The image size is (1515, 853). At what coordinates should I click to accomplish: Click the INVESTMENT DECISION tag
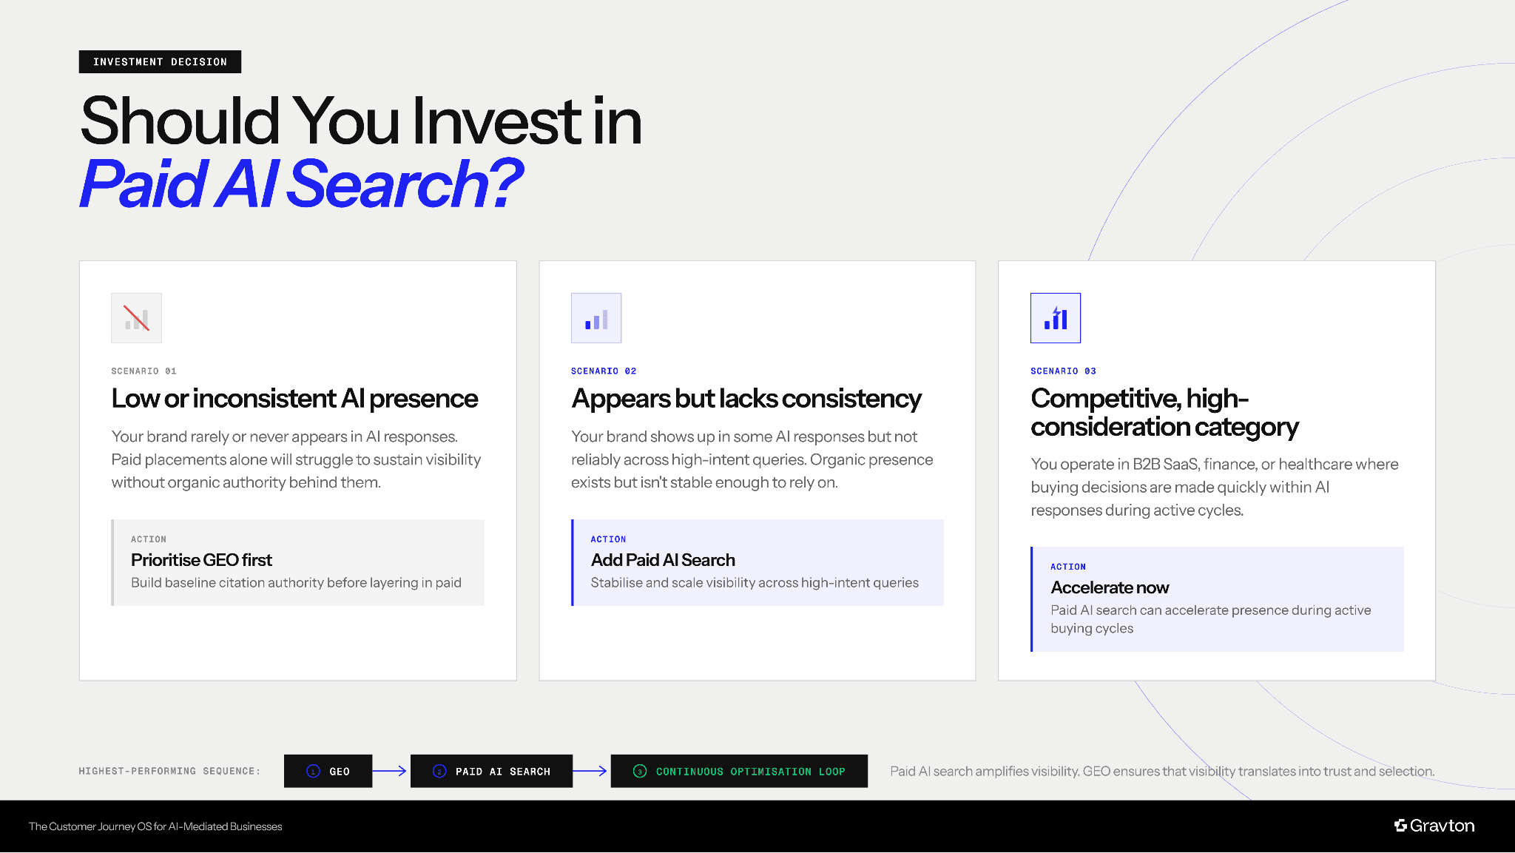160,62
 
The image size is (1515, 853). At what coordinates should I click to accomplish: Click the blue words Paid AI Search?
301,184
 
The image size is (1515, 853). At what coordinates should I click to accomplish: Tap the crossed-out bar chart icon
136,318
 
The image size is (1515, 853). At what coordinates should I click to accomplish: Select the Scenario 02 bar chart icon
596,318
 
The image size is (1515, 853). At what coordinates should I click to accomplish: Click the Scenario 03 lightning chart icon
1056,318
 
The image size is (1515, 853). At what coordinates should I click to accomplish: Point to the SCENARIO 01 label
144,371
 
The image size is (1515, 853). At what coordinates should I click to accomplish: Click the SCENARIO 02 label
604,371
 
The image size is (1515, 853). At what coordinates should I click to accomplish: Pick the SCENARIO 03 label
1063,371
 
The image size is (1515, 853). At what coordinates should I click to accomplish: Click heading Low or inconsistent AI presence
294,399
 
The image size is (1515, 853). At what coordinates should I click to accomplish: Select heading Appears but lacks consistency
746,399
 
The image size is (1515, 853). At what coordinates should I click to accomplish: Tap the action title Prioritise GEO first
201,560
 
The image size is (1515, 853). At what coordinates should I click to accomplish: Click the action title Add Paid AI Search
663,560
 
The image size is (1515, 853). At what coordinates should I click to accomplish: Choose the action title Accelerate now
1110,587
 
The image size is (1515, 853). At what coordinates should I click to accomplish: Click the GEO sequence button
328,771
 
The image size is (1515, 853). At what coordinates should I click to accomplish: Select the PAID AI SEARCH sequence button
491,771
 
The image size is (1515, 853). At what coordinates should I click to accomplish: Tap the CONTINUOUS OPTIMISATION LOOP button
739,771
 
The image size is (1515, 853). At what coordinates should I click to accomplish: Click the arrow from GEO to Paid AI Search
391,771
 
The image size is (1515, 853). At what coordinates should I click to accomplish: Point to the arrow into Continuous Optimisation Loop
591,771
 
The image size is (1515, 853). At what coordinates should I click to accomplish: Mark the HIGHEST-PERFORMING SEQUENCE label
169,771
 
